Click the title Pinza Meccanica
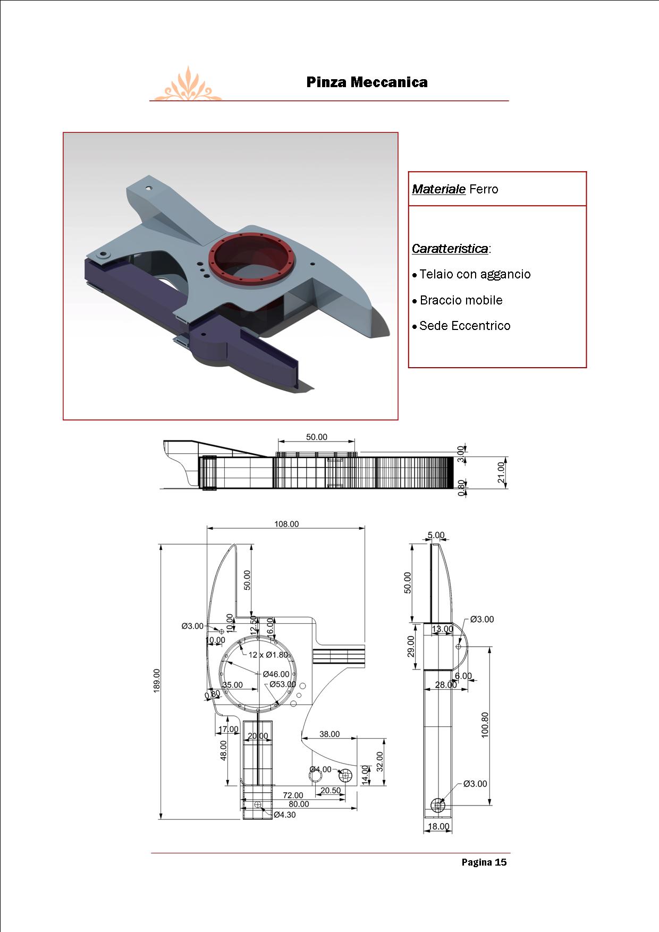coord(367,82)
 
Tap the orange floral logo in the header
coord(187,86)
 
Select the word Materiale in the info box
coord(438,189)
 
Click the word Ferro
coord(484,189)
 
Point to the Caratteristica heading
coord(450,249)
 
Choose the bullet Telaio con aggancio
coord(475,274)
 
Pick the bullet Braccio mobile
coord(461,300)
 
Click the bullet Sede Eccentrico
coord(464,326)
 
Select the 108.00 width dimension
coord(286,524)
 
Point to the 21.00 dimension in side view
coord(501,472)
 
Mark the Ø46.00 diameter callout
coord(276,674)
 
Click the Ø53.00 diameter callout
coord(282,684)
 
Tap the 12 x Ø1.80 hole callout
coord(268,655)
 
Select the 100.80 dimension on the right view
coord(485,725)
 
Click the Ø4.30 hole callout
coord(284,815)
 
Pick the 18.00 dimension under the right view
coord(438,826)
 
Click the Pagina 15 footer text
coord(484,862)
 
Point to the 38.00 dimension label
coord(329,734)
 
